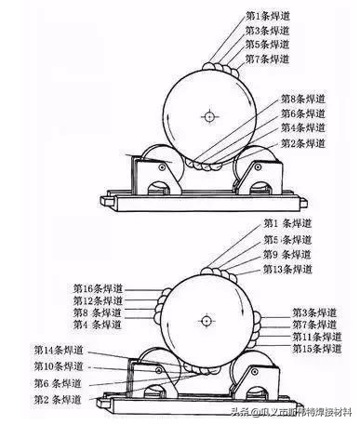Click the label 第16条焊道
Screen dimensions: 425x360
(100, 289)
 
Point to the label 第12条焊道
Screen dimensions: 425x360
(100, 301)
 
